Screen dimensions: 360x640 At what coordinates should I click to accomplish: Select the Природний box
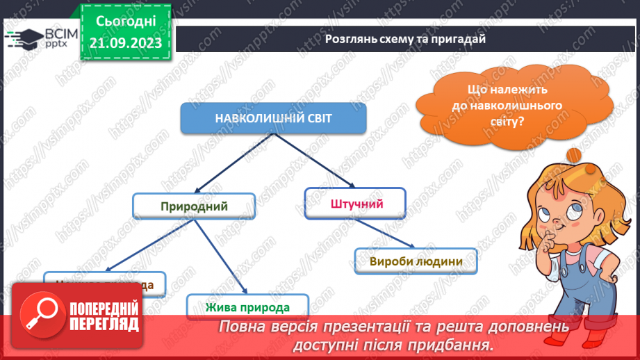click(x=194, y=206)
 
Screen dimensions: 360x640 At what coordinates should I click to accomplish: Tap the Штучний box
click(x=354, y=203)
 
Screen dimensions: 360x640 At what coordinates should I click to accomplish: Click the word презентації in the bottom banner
click(x=366, y=327)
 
